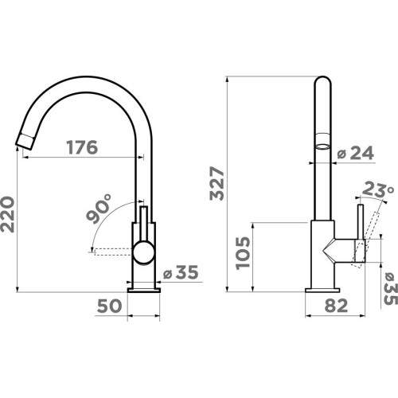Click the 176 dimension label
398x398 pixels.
click(x=82, y=147)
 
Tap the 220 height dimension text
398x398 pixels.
click(x=7, y=214)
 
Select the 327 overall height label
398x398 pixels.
click(x=217, y=183)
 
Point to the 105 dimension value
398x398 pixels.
click(x=243, y=253)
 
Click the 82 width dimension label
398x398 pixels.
click(x=336, y=306)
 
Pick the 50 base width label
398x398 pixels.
click(x=109, y=306)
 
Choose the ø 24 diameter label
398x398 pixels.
click(x=356, y=153)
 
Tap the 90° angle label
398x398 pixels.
click(x=99, y=209)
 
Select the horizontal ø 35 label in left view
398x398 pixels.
click(x=181, y=272)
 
